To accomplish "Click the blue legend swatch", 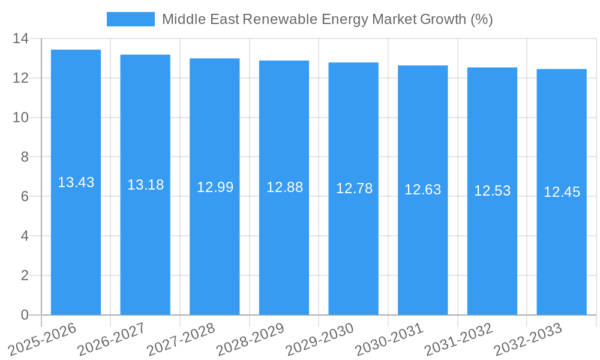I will (130, 19).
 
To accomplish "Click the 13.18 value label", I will (145, 185).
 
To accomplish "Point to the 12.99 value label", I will (215, 187).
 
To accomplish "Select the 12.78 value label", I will (354, 188).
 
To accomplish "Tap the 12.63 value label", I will (422, 190).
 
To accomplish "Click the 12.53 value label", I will (492, 191).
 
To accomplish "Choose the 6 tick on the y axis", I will (25, 196).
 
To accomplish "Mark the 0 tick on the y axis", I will (25, 315).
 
